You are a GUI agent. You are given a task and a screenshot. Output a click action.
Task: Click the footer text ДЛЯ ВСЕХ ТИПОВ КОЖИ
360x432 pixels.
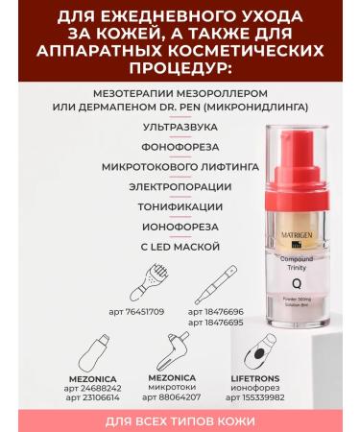(x=180, y=421)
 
